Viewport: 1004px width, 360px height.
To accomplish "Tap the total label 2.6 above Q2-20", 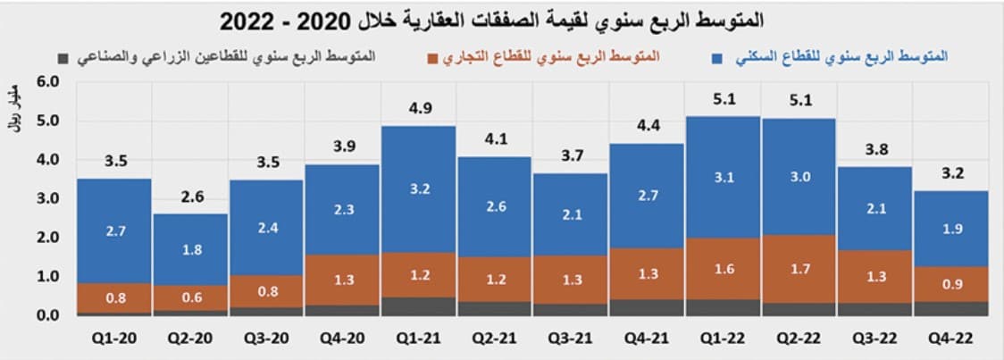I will coord(190,197).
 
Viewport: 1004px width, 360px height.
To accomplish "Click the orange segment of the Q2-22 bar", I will coord(799,268).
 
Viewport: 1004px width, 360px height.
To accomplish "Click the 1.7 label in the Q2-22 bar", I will coord(799,267).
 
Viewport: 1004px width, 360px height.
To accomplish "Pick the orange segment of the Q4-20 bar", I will coord(342,280).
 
